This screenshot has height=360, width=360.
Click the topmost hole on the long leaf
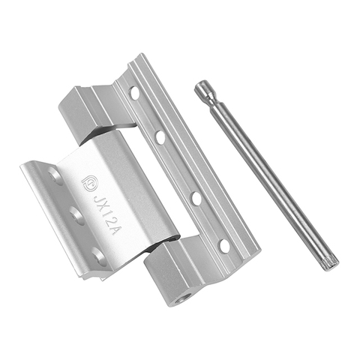tap(135, 94)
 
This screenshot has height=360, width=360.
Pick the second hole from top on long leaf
tap(160, 137)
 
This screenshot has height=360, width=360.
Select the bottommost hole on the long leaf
tap(223, 245)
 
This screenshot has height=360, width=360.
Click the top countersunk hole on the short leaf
tap(54, 178)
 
